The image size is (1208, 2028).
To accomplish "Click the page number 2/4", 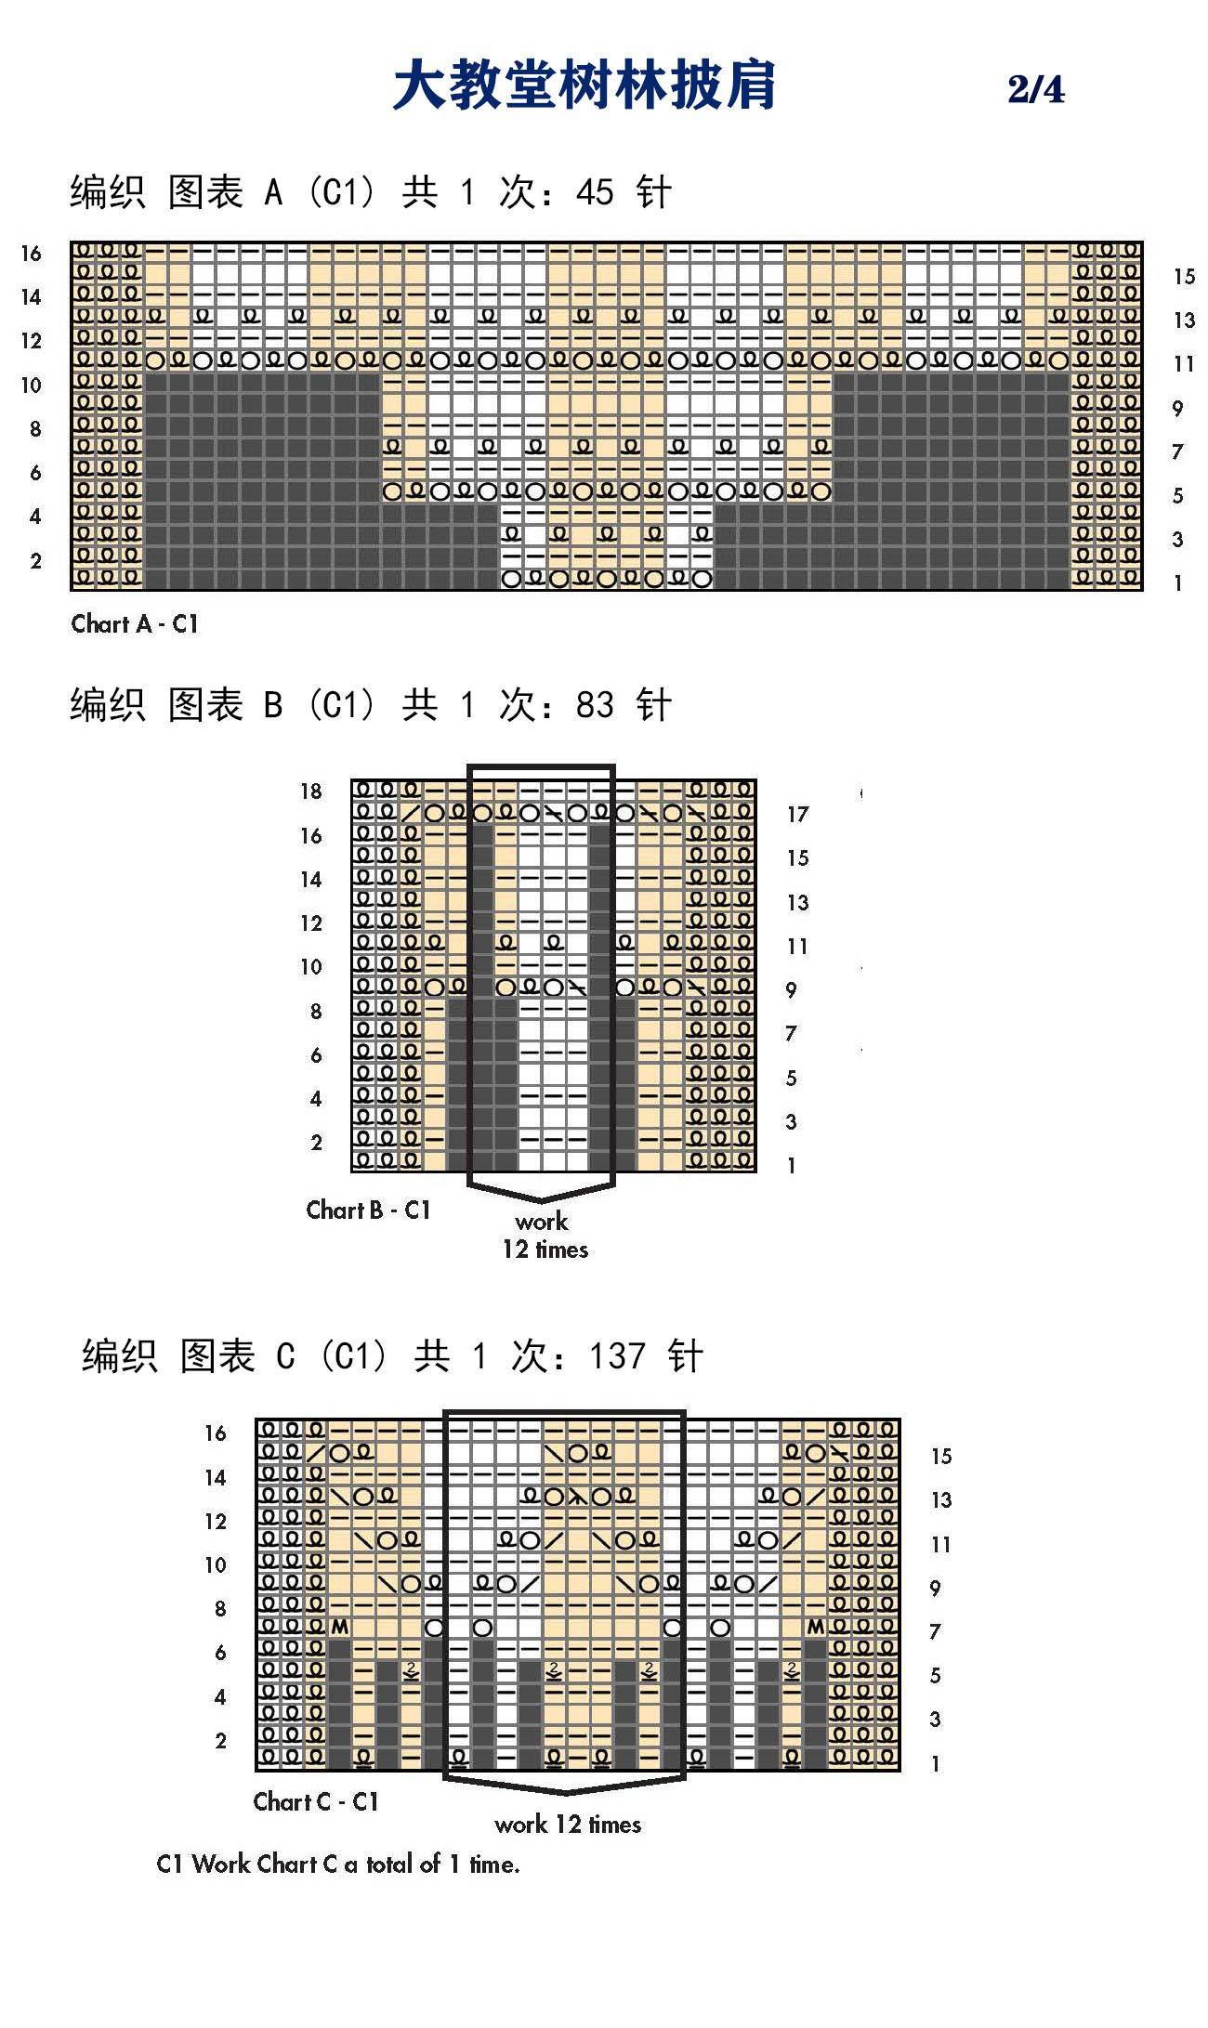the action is [x=1036, y=89].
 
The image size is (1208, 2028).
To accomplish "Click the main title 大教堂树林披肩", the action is [x=584, y=85].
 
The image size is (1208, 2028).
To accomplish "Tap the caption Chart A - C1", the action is [x=135, y=624].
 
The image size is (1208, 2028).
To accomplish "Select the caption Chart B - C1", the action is [x=369, y=1210].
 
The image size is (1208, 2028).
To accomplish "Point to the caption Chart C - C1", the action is [x=316, y=1801].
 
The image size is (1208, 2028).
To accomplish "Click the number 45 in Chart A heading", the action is [x=595, y=192].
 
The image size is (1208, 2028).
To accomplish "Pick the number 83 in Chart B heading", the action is [x=595, y=705].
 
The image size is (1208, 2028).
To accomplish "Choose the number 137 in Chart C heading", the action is [x=617, y=1356].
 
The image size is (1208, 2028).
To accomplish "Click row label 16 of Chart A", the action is [x=31, y=254].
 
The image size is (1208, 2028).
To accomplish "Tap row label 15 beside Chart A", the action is [x=1184, y=276].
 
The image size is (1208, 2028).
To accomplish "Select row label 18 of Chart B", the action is [x=310, y=792].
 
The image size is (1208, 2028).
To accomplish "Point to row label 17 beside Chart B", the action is [x=797, y=815].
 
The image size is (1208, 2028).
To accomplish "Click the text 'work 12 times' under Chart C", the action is [x=568, y=1824].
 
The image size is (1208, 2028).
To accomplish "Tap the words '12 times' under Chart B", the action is [x=545, y=1250].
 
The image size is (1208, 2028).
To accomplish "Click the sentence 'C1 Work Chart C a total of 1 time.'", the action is [x=338, y=1864].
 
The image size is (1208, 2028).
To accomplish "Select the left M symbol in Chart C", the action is [x=339, y=1628].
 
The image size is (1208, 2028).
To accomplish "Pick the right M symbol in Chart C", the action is [x=815, y=1628].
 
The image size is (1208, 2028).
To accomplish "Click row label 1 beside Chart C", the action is [x=935, y=1763].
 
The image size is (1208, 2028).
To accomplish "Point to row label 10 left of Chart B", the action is [x=310, y=967].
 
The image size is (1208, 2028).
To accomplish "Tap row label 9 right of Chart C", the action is [x=935, y=1589].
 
